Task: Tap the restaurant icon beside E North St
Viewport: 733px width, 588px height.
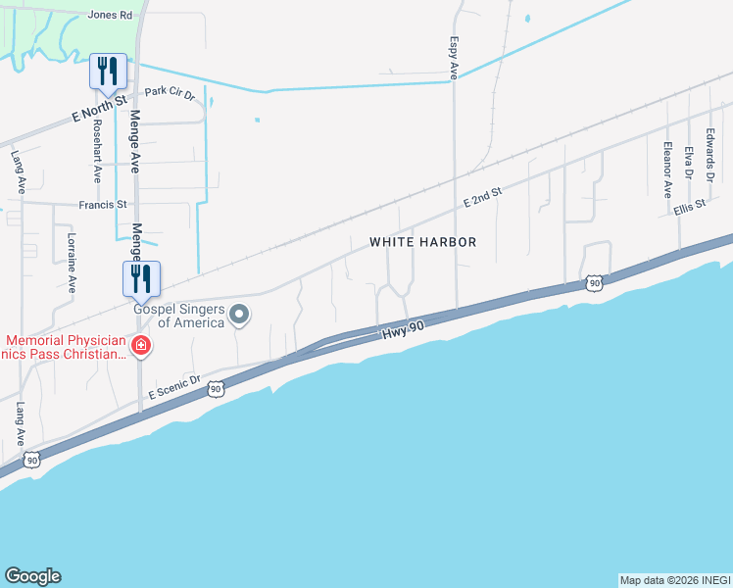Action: pyautogui.click(x=108, y=71)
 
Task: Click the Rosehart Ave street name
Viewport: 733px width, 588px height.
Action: pyautogui.click(x=96, y=151)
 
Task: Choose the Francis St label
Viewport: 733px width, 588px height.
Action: pyautogui.click(x=103, y=205)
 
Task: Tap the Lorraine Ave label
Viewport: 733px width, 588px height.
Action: pyautogui.click(x=71, y=263)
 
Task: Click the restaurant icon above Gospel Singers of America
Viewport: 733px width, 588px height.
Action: pyautogui.click(x=140, y=278)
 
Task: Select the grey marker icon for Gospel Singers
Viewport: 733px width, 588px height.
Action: pyautogui.click(x=239, y=315)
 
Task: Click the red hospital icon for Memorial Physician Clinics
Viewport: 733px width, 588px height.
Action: pyautogui.click(x=142, y=346)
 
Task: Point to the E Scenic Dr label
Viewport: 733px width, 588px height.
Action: pyautogui.click(x=174, y=386)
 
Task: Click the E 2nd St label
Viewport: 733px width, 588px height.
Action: pyautogui.click(x=482, y=198)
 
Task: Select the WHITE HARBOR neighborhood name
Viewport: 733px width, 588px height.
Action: pyautogui.click(x=422, y=242)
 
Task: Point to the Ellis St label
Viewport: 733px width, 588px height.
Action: pyautogui.click(x=691, y=208)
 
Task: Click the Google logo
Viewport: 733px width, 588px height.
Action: pyautogui.click(x=32, y=576)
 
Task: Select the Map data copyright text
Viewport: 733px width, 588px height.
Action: pyautogui.click(x=674, y=580)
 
